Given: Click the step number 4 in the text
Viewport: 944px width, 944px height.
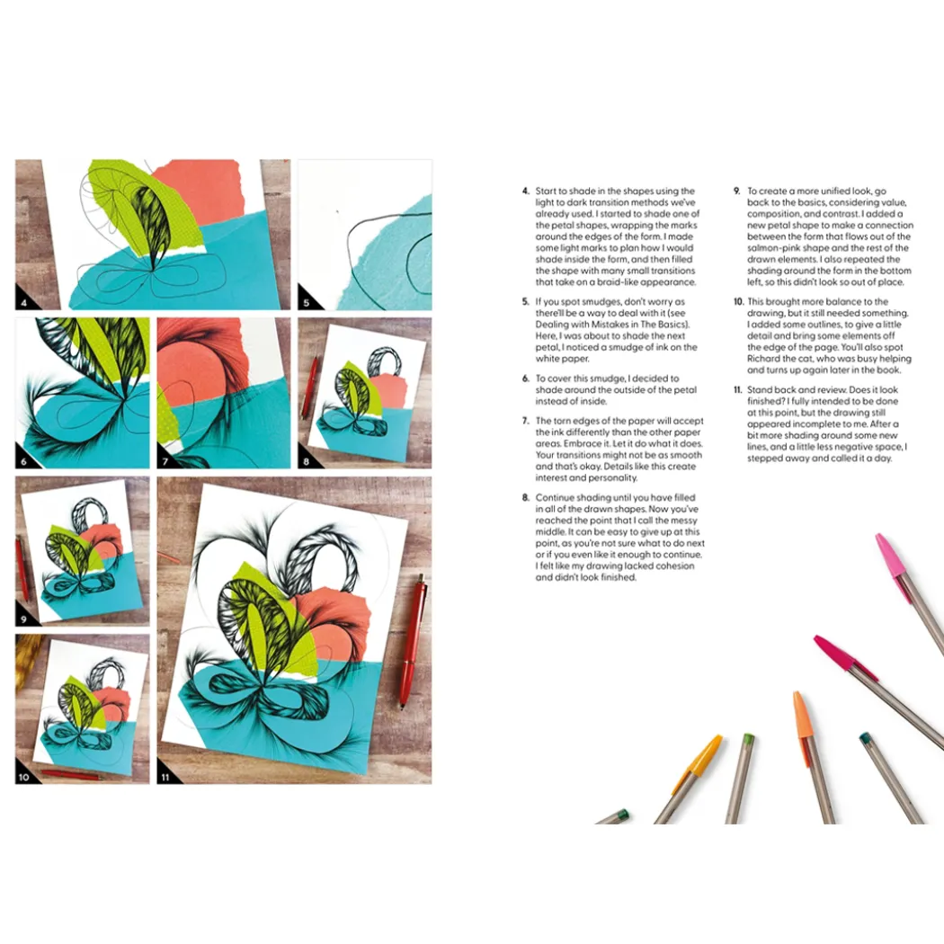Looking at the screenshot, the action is pos(526,191).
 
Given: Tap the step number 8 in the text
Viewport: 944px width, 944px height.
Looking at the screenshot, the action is pos(526,497).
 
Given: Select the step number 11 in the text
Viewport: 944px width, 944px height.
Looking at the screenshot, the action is pos(738,389).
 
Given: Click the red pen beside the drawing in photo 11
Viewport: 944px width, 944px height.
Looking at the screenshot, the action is pos(413,640).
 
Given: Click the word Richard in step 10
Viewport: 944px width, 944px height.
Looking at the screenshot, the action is pos(764,359).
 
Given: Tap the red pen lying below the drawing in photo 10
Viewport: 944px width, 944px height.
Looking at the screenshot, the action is pos(70,775).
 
